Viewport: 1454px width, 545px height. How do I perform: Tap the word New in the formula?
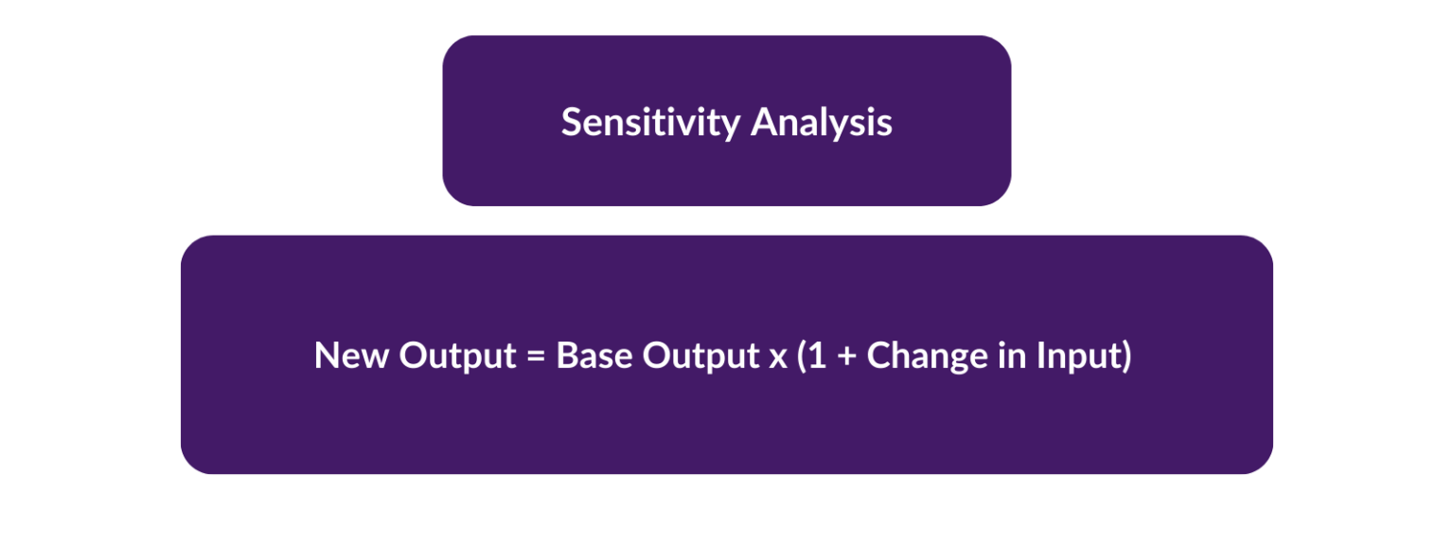tap(351, 356)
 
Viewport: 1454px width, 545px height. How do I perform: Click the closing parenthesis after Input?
tap(1126, 357)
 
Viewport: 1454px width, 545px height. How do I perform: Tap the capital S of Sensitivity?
tap(571, 122)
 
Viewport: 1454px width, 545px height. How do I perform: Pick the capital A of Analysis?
tap(763, 122)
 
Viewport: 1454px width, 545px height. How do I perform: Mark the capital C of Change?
tap(879, 356)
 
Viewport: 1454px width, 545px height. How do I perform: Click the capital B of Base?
tap(566, 356)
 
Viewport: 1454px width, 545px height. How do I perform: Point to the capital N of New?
tap(327, 356)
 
